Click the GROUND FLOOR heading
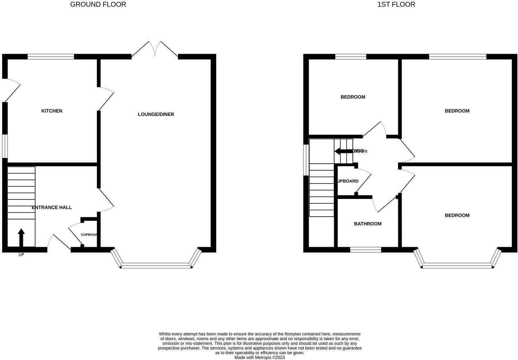click(98, 4)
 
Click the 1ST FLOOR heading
click(396, 4)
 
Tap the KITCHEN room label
click(52, 111)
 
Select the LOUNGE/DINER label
click(156, 114)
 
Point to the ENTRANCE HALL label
click(52, 207)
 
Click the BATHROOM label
click(367, 224)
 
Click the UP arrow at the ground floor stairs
click(21, 237)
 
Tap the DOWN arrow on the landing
click(343, 151)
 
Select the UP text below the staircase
click(21, 255)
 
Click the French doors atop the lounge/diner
click(155, 49)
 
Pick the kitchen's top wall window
click(51, 57)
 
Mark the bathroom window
click(365, 250)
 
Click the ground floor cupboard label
click(89, 235)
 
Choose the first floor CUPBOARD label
click(346, 181)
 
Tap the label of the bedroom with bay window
click(457, 215)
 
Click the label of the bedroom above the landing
click(352, 97)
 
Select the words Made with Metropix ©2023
click(260, 358)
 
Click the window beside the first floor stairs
click(306, 160)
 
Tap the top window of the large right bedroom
click(457, 57)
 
